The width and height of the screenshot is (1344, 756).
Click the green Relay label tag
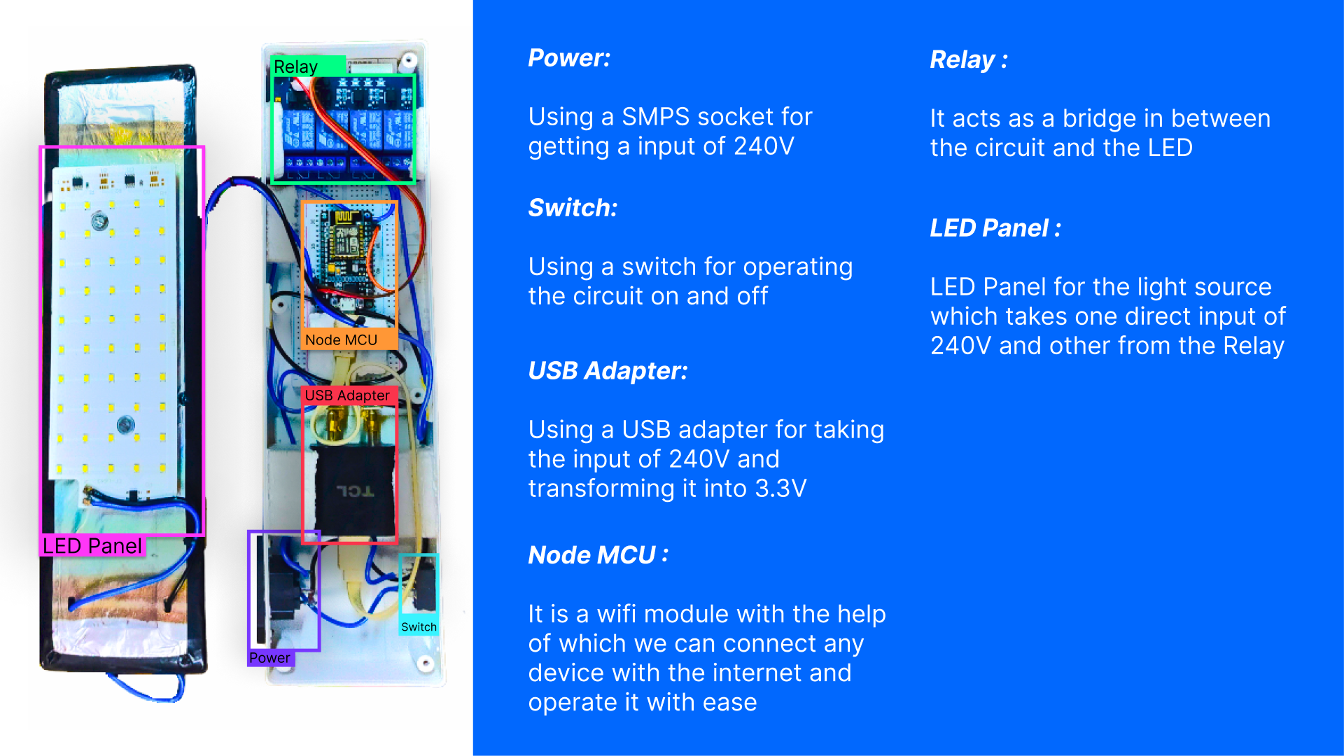click(296, 66)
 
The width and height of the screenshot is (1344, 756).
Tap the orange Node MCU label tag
click(342, 340)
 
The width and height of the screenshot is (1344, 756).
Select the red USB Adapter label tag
click(347, 395)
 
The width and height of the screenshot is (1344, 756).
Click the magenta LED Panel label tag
click(92, 546)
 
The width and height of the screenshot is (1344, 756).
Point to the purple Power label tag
click(269, 658)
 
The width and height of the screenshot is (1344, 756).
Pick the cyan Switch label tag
click(419, 627)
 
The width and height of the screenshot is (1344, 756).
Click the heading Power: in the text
click(569, 58)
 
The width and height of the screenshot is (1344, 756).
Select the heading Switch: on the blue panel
click(573, 208)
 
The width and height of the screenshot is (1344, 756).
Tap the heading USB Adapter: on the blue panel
click(608, 371)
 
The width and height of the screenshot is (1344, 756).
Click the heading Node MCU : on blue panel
click(598, 555)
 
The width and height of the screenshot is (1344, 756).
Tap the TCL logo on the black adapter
click(355, 491)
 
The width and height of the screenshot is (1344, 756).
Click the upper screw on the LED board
click(99, 222)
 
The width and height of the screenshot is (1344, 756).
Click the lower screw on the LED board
click(125, 423)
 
